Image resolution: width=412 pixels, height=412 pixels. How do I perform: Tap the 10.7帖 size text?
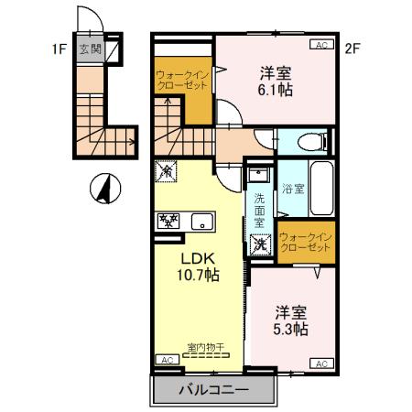[197, 274]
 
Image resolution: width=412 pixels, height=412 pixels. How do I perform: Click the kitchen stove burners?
[169, 220]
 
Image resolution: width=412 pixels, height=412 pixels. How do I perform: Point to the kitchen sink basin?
[200, 221]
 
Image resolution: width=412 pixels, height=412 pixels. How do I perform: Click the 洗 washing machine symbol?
[260, 244]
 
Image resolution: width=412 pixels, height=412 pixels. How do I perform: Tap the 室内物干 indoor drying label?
[206, 347]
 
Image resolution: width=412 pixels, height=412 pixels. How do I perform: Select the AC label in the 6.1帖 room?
[321, 44]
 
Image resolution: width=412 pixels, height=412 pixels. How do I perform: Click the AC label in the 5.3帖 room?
[321, 363]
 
